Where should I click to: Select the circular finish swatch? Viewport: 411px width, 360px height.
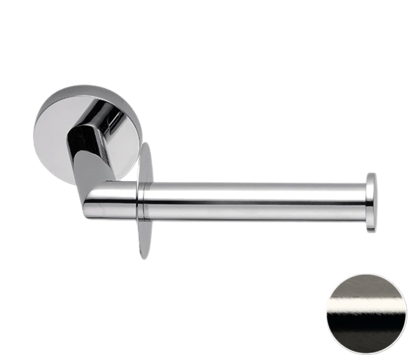(366, 314)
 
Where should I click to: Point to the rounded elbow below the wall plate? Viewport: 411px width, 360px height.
(96, 201)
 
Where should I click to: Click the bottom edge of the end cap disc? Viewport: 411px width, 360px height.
(372, 232)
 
